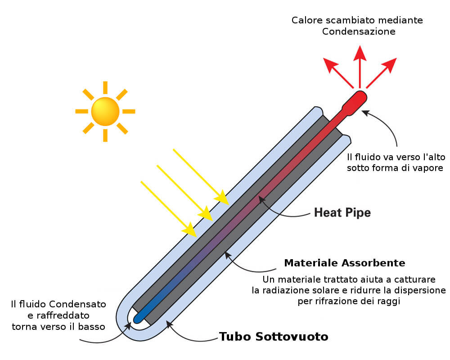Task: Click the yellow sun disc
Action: tap(105, 111)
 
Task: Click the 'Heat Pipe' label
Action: tap(342, 212)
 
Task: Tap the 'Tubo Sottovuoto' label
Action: tap(274, 337)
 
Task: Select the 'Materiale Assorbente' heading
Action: tap(345, 263)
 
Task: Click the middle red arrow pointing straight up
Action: tap(359, 56)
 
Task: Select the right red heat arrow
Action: tap(388, 65)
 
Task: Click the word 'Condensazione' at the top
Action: tap(359, 31)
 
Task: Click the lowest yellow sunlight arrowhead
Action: tap(189, 230)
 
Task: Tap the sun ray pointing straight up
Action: tap(105, 87)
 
